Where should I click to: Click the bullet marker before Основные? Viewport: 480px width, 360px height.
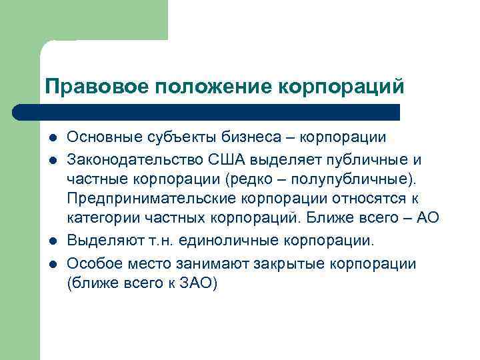pos(52,138)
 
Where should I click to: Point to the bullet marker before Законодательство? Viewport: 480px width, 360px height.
pos(52,160)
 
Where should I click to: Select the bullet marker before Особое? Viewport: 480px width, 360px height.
pos(52,264)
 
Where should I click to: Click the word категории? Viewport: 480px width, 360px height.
pos(102,219)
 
